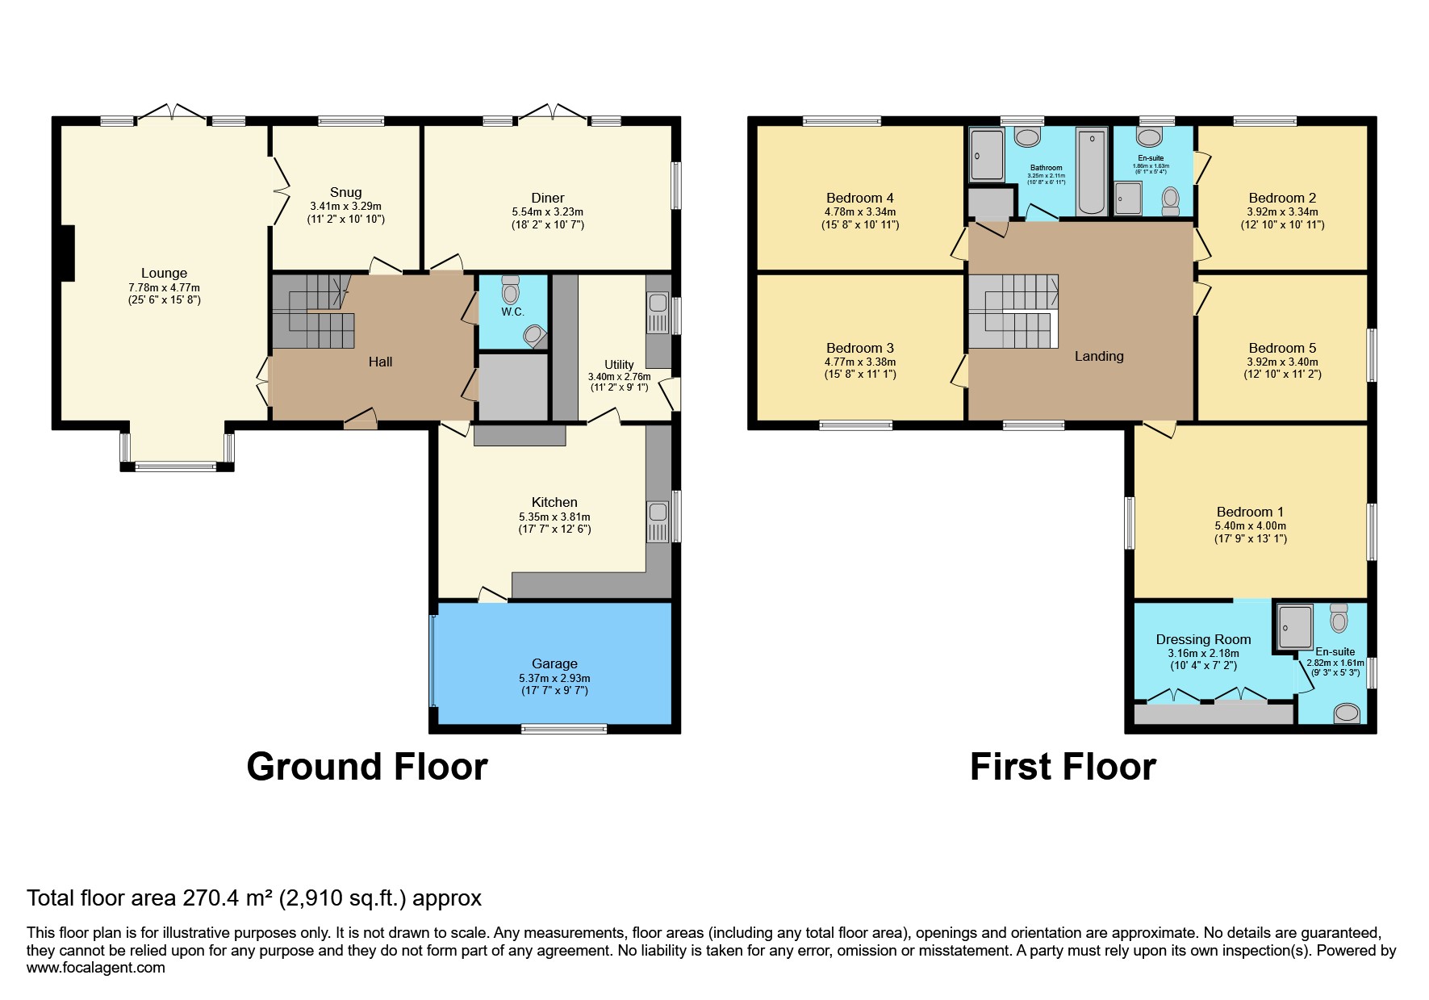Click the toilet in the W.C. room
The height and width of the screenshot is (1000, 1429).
coord(510,291)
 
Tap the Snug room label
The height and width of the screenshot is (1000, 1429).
coord(345,192)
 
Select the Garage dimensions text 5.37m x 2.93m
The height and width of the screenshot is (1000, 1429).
coord(554,678)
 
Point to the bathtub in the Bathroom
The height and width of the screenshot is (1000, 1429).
coord(1091,173)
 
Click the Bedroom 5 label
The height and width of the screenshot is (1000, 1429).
coord(1282,348)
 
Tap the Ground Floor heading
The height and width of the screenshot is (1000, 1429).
coord(367,767)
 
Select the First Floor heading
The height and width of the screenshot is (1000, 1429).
coord(1063,767)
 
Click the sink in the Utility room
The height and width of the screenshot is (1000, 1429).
coord(658,303)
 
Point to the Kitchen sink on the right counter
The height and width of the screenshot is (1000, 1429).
coord(658,512)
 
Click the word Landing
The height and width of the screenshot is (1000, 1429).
coord(1098,356)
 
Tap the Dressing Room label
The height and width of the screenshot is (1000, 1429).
coord(1203,639)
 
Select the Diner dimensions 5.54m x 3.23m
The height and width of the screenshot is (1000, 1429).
coord(547,211)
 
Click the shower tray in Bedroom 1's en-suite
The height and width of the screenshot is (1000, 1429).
coord(1295,627)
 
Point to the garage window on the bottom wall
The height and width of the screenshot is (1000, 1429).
coord(564,729)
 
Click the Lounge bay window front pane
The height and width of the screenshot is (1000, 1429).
coord(176,466)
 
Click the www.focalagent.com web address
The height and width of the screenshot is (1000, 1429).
coord(96,968)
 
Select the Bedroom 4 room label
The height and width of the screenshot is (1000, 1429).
coord(859,198)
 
